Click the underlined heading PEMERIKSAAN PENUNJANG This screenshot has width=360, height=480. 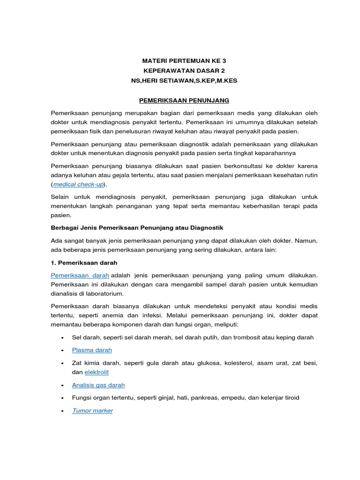pos(184,101)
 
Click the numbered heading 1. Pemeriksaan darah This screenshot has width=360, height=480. pos(84,262)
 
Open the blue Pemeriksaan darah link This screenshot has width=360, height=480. pos(80,275)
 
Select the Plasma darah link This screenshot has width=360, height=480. pos(92,350)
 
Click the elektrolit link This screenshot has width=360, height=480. pos(97,372)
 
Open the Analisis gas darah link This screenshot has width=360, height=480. pos(98,385)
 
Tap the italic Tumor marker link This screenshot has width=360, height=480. pos(92,411)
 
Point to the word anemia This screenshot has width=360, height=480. pos(126,315)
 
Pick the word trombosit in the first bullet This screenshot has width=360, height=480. pos(246,337)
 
